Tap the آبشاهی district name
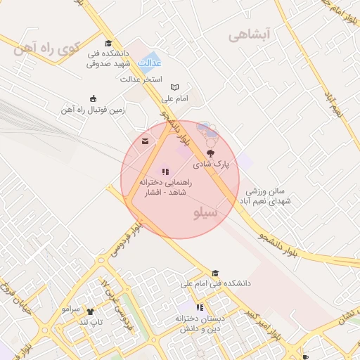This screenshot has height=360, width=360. coord(249,35)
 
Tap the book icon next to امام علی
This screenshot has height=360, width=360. coord(174,86)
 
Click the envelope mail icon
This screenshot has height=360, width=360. coord(146,141)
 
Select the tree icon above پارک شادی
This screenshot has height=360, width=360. coord(210,153)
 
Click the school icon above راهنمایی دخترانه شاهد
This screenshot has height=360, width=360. coord(165,171)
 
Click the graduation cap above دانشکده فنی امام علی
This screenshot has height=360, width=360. coord(215,273)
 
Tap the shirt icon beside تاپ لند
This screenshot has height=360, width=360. coord(90,311)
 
